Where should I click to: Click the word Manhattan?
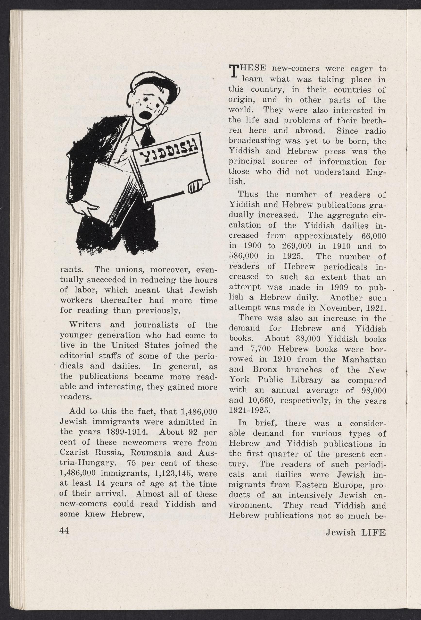364,359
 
